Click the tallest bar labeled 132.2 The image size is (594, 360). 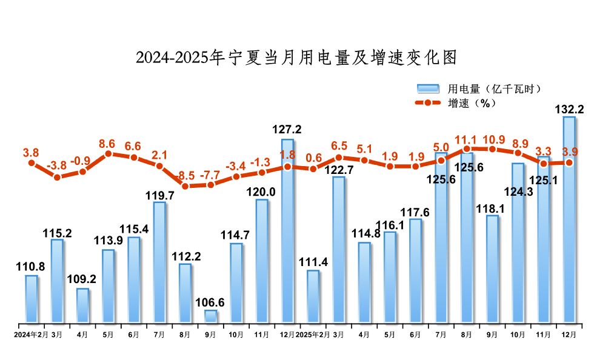click(x=569, y=218)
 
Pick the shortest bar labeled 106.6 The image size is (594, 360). click(x=210, y=316)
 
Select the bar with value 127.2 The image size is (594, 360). click(x=287, y=230)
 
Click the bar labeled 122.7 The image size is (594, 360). click(x=339, y=249)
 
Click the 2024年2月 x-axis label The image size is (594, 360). click(x=31, y=334)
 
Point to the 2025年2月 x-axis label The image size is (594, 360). click(x=313, y=334)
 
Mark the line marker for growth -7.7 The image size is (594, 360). click(x=210, y=184)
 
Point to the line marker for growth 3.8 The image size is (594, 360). click(x=32, y=163)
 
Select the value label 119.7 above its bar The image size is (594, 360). click(x=159, y=195)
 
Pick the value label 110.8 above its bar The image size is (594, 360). click(x=32, y=268)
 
